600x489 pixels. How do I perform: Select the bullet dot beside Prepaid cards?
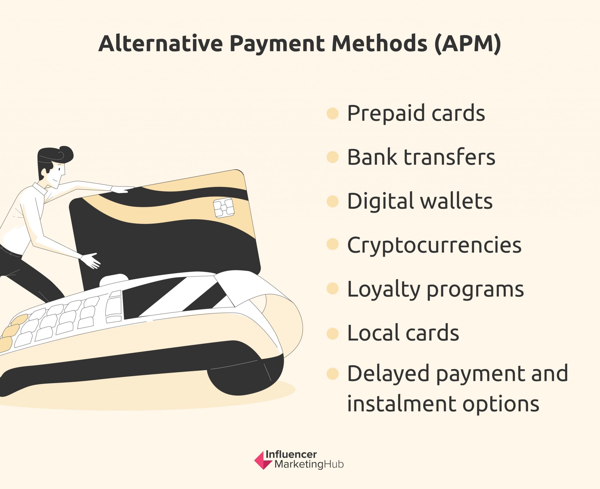point(333,113)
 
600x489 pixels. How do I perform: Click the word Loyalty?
point(384,290)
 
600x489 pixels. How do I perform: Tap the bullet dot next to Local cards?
point(333,334)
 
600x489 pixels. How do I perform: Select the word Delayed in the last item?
point(388,374)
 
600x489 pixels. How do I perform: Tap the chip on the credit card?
point(224,208)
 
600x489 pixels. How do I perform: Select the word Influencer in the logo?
point(291,454)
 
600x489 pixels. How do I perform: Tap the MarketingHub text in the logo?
point(309,464)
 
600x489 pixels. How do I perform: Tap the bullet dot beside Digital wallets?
point(333,201)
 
